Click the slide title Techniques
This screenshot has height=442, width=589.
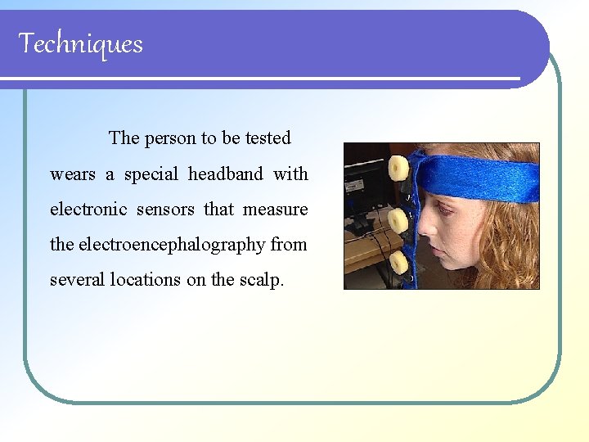[x=80, y=43]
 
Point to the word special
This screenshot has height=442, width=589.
[x=152, y=174]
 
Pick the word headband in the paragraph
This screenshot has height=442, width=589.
[x=225, y=174]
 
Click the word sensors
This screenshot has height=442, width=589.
[x=165, y=210]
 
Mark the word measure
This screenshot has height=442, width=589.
[x=275, y=210]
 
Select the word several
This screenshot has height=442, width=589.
[x=74, y=280]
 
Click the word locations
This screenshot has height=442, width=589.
[x=145, y=280]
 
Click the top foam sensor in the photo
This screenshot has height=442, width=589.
[x=398, y=168]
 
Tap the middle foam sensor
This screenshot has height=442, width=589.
[x=398, y=219]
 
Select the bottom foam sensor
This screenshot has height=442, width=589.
[x=398, y=262]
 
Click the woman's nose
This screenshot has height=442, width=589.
[x=425, y=237]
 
